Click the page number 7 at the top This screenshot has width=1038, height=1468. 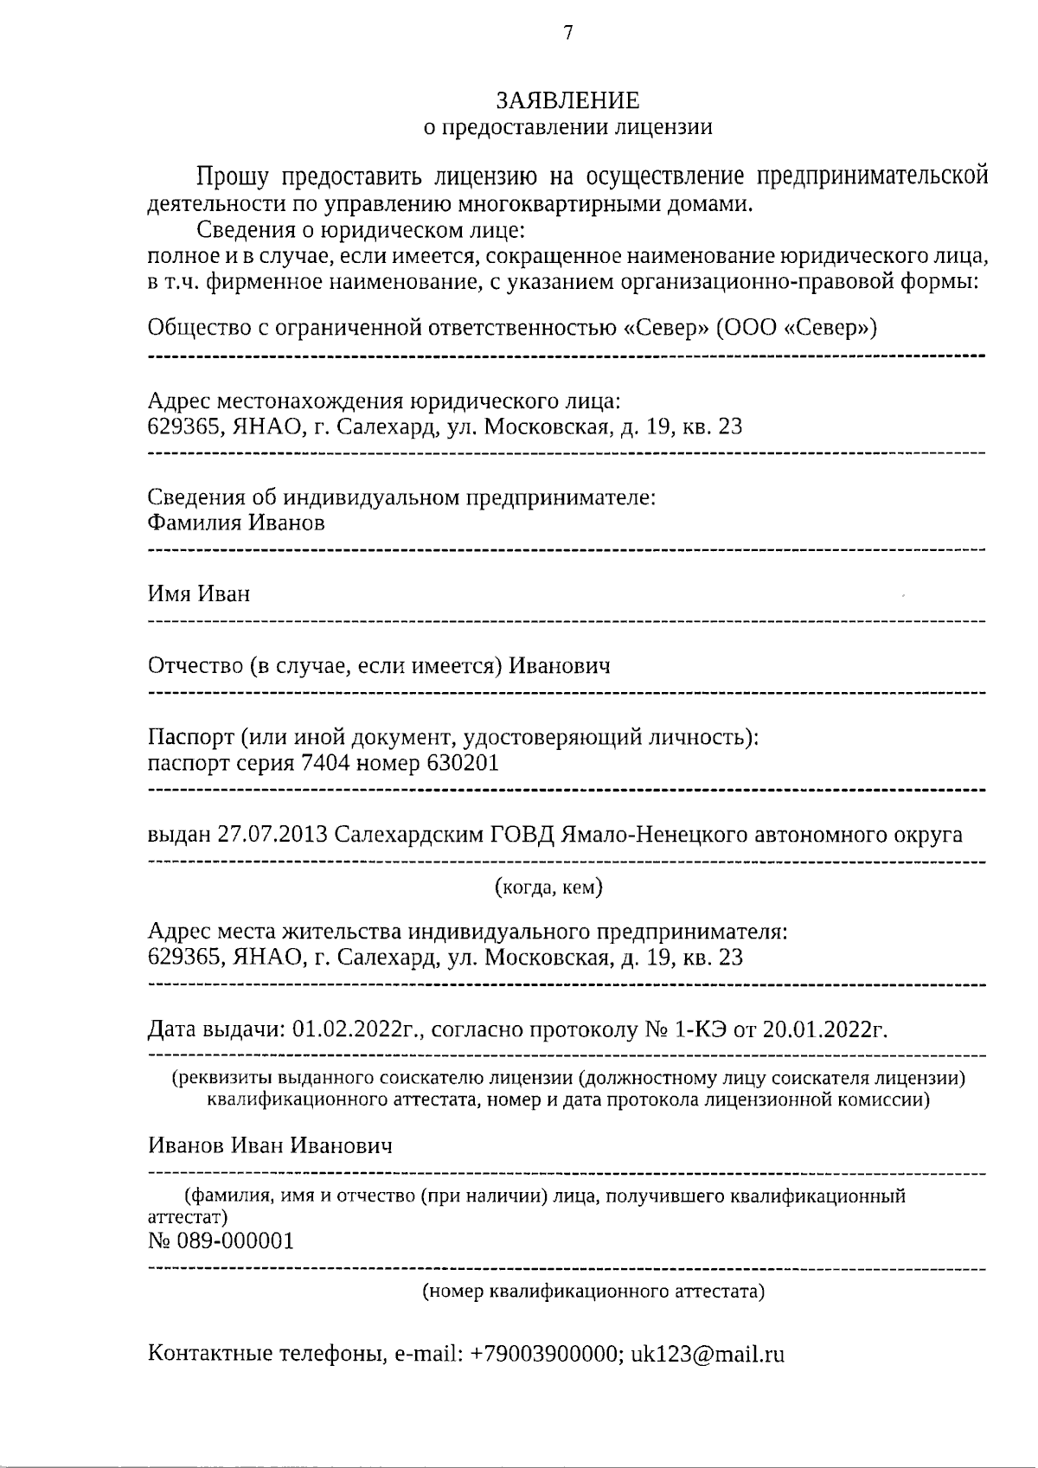[x=567, y=34]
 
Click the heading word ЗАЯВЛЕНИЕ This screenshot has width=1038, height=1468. [x=567, y=101]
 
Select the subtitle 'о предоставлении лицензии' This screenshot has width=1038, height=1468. [x=567, y=128]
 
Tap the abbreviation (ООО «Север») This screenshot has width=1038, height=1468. [x=796, y=330]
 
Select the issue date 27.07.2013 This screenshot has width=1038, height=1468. [x=272, y=835]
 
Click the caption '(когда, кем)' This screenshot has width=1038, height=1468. [x=548, y=888]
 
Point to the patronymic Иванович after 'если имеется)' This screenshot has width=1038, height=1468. [x=559, y=666]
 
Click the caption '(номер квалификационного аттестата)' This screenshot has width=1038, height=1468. [x=593, y=1292]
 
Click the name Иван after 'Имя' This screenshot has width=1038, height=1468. [x=224, y=594]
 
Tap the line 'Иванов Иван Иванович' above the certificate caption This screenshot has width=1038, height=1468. [x=270, y=1146]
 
